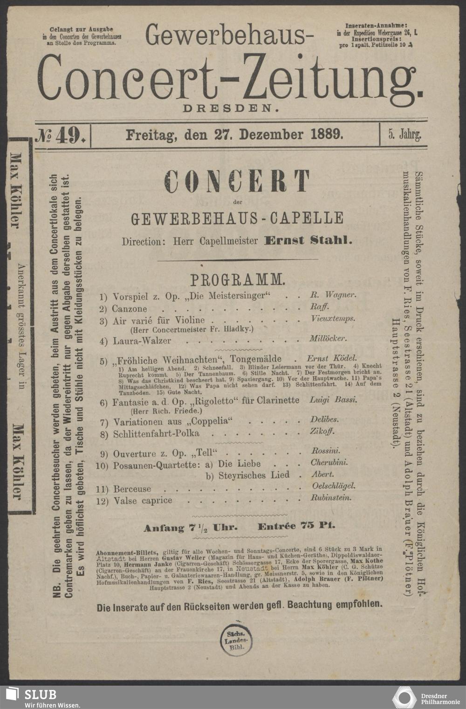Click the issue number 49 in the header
click(x=69, y=135)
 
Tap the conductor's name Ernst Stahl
click(x=308, y=241)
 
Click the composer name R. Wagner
click(x=333, y=295)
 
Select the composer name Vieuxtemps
click(x=332, y=319)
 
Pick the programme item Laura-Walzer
click(x=142, y=341)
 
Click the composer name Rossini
click(x=325, y=451)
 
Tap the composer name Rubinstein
click(x=331, y=498)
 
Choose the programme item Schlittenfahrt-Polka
click(x=156, y=434)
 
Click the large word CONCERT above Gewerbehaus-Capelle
click(x=238, y=181)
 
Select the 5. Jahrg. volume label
click(x=404, y=135)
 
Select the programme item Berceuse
click(x=132, y=489)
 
